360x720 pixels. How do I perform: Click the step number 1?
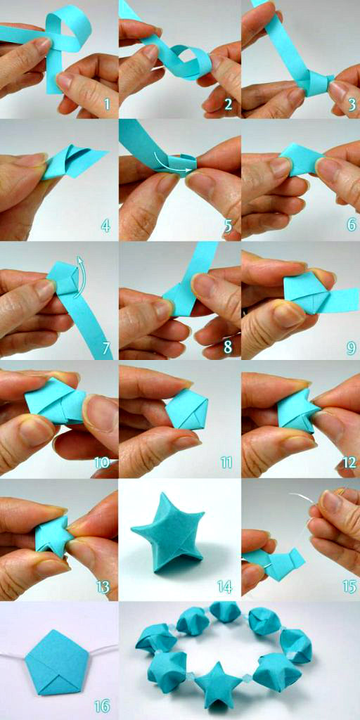tap(107, 105)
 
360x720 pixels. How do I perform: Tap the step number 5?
tap(229, 226)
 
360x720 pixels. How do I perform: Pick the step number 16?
tap(103, 705)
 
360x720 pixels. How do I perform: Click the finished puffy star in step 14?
tap(168, 534)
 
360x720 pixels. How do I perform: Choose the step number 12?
tap(347, 464)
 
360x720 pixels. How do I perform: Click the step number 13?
tap(103, 585)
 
